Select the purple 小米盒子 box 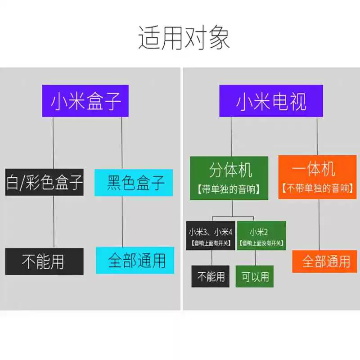[x=85, y=101]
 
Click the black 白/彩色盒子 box [x=45, y=182]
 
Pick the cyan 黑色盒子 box [x=134, y=183]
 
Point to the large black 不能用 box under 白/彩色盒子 [x=45, y=261]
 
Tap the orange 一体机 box [x=317, y=177]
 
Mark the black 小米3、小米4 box [x=211, y=236]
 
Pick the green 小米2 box [x=261, y=236]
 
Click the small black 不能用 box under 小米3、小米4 [x=211, y=276]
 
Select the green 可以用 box [x=255, y=276]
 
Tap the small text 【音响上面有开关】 [x=211, y=243]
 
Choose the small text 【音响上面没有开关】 [x=261, y=243]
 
